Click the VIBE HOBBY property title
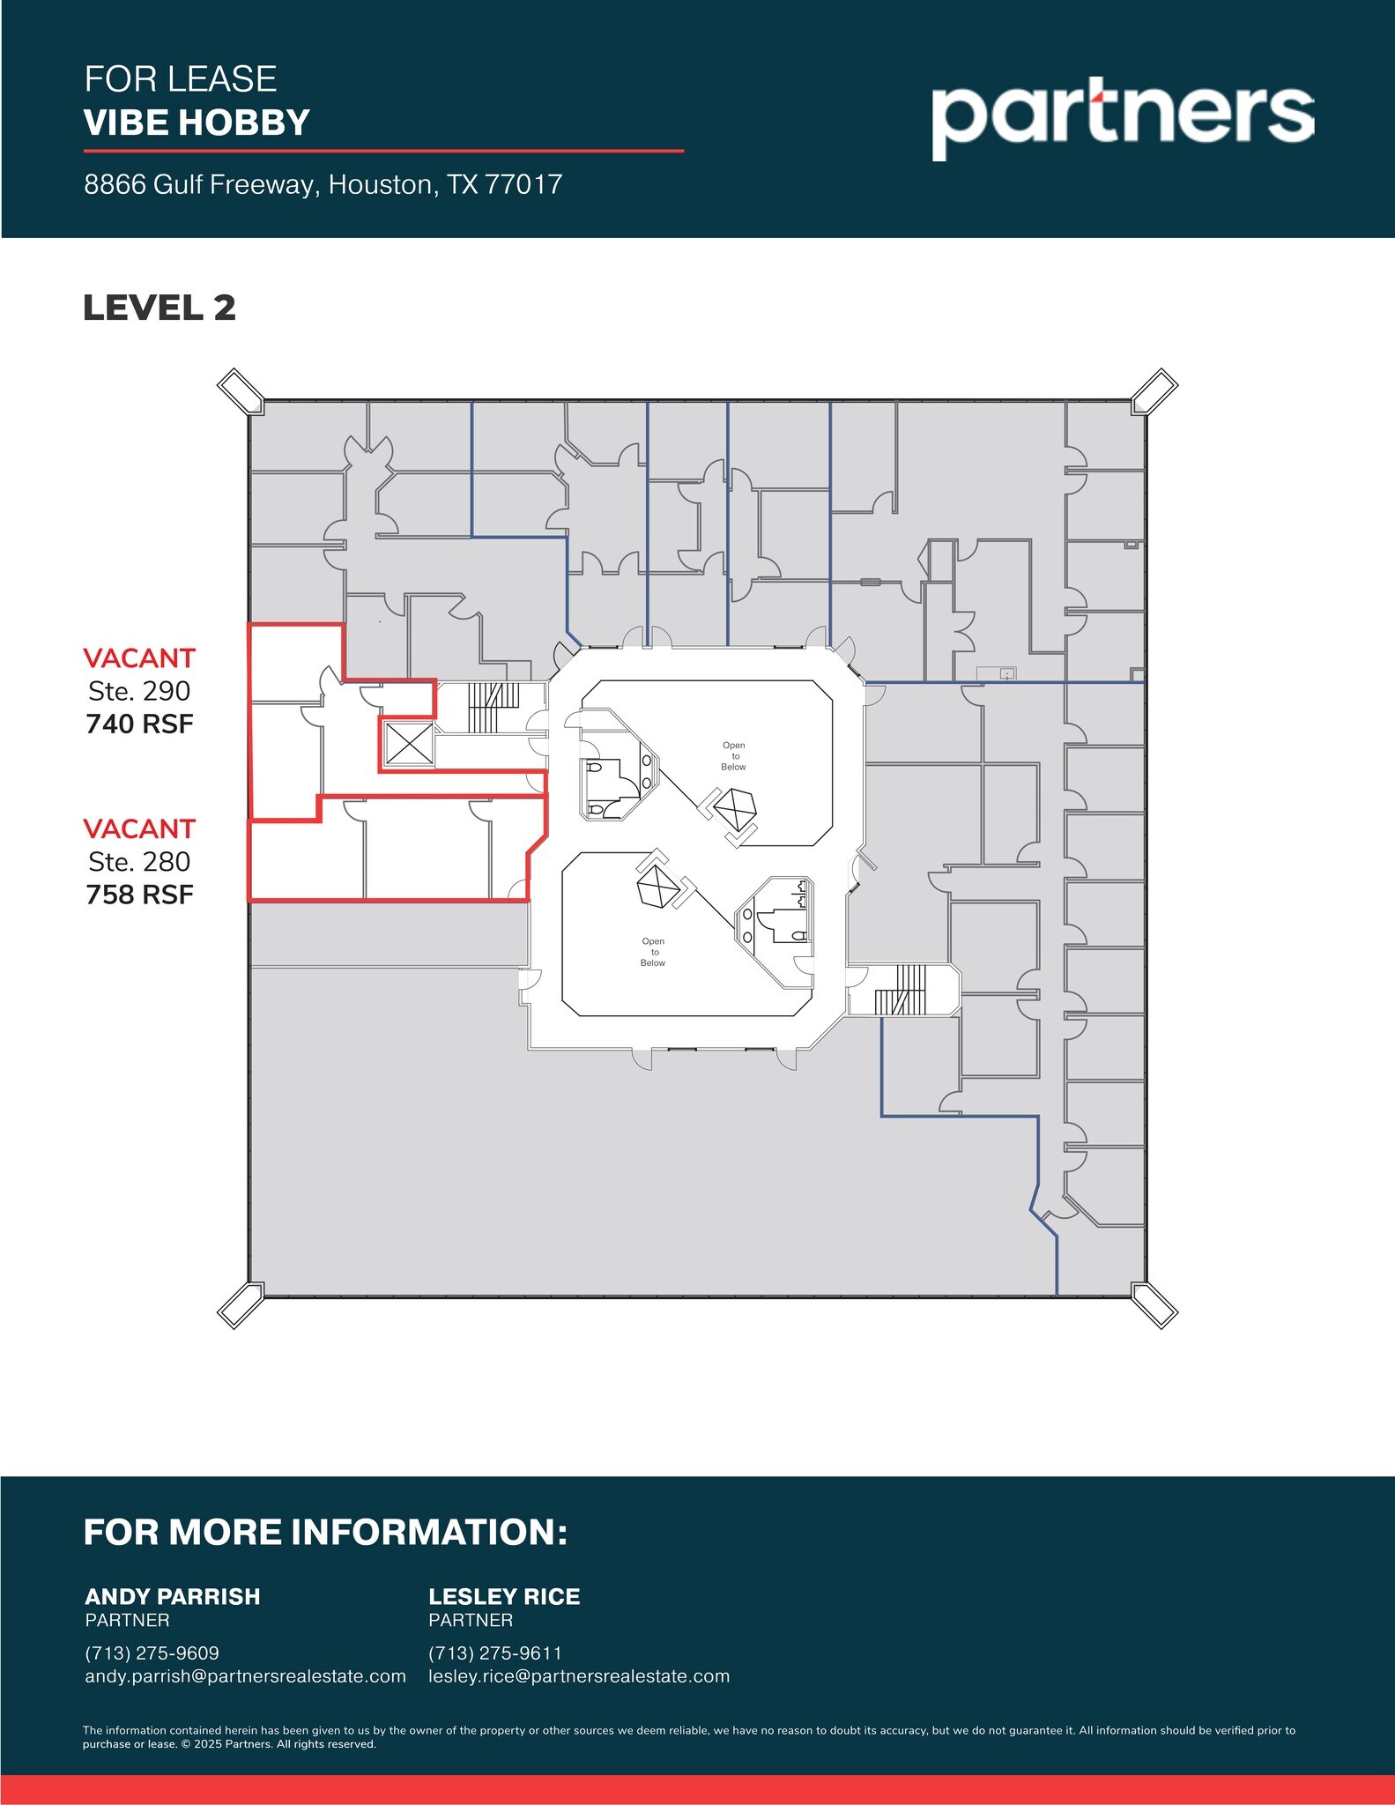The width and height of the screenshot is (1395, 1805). click(x=197, y=123)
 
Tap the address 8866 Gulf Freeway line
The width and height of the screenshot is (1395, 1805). click(x=323, y=184)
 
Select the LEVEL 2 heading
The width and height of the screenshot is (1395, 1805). click(x=160, y=308)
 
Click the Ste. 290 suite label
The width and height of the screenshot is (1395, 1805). click(x=139, y=691)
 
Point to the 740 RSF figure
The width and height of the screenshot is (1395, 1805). click(x=139, y=724)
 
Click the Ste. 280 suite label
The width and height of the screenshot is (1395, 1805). click(x=139, y=861)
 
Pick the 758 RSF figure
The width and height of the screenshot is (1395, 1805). click(x=139, y=895)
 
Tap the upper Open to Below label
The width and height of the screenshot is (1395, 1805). click(x=733, y=756)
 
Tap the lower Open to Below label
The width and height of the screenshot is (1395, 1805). click(x=653, y=952)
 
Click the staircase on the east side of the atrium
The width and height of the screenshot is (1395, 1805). click(x=901, y=990)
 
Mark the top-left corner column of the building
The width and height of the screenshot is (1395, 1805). click(x=241, y=391)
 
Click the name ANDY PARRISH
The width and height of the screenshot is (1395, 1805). click(x=173, y=1596)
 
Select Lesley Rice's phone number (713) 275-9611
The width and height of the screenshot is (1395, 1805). click(x=495, y=1653)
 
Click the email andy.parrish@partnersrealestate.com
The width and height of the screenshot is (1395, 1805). click(x=245, y=1675)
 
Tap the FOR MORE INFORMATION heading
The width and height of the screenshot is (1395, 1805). click(x=325, y=1532)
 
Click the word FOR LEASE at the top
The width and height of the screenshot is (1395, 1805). click(x=181, y=79)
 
